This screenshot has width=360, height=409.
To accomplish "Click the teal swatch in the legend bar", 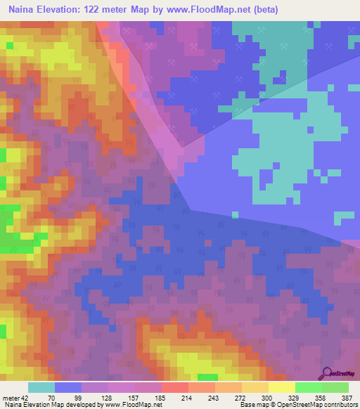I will pyautogui.click(x=41, y=387).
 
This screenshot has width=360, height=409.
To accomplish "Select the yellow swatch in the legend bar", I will pyautogui.click(x=281, y=387).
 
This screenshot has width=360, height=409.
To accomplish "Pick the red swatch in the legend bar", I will pyautogui.click(x=174, y=387).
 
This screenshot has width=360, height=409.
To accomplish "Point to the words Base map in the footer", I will pyautogui.click(x=253, y=405).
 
